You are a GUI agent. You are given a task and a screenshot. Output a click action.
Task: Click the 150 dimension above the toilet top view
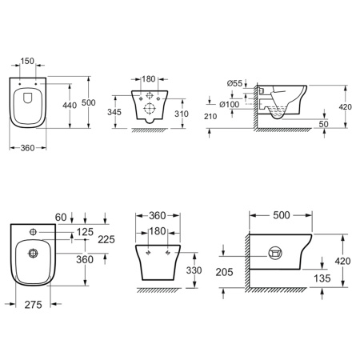[27, 61]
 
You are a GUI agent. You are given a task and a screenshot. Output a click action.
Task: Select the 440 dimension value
[70, 106]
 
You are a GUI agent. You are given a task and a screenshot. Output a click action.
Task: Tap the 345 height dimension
[114, 112]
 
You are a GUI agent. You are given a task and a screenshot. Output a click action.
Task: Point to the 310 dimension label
[182, 114]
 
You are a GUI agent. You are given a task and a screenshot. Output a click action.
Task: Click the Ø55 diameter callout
[235, 83]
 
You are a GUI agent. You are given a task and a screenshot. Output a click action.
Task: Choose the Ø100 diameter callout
[230, 104]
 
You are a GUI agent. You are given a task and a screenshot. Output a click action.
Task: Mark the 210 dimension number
[210, 116]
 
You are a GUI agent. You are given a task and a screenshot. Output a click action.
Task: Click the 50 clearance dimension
[324, 124]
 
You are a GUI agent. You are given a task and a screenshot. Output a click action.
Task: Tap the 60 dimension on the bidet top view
[61, 218]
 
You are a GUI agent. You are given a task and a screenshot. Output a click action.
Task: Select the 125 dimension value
[85, 232]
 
